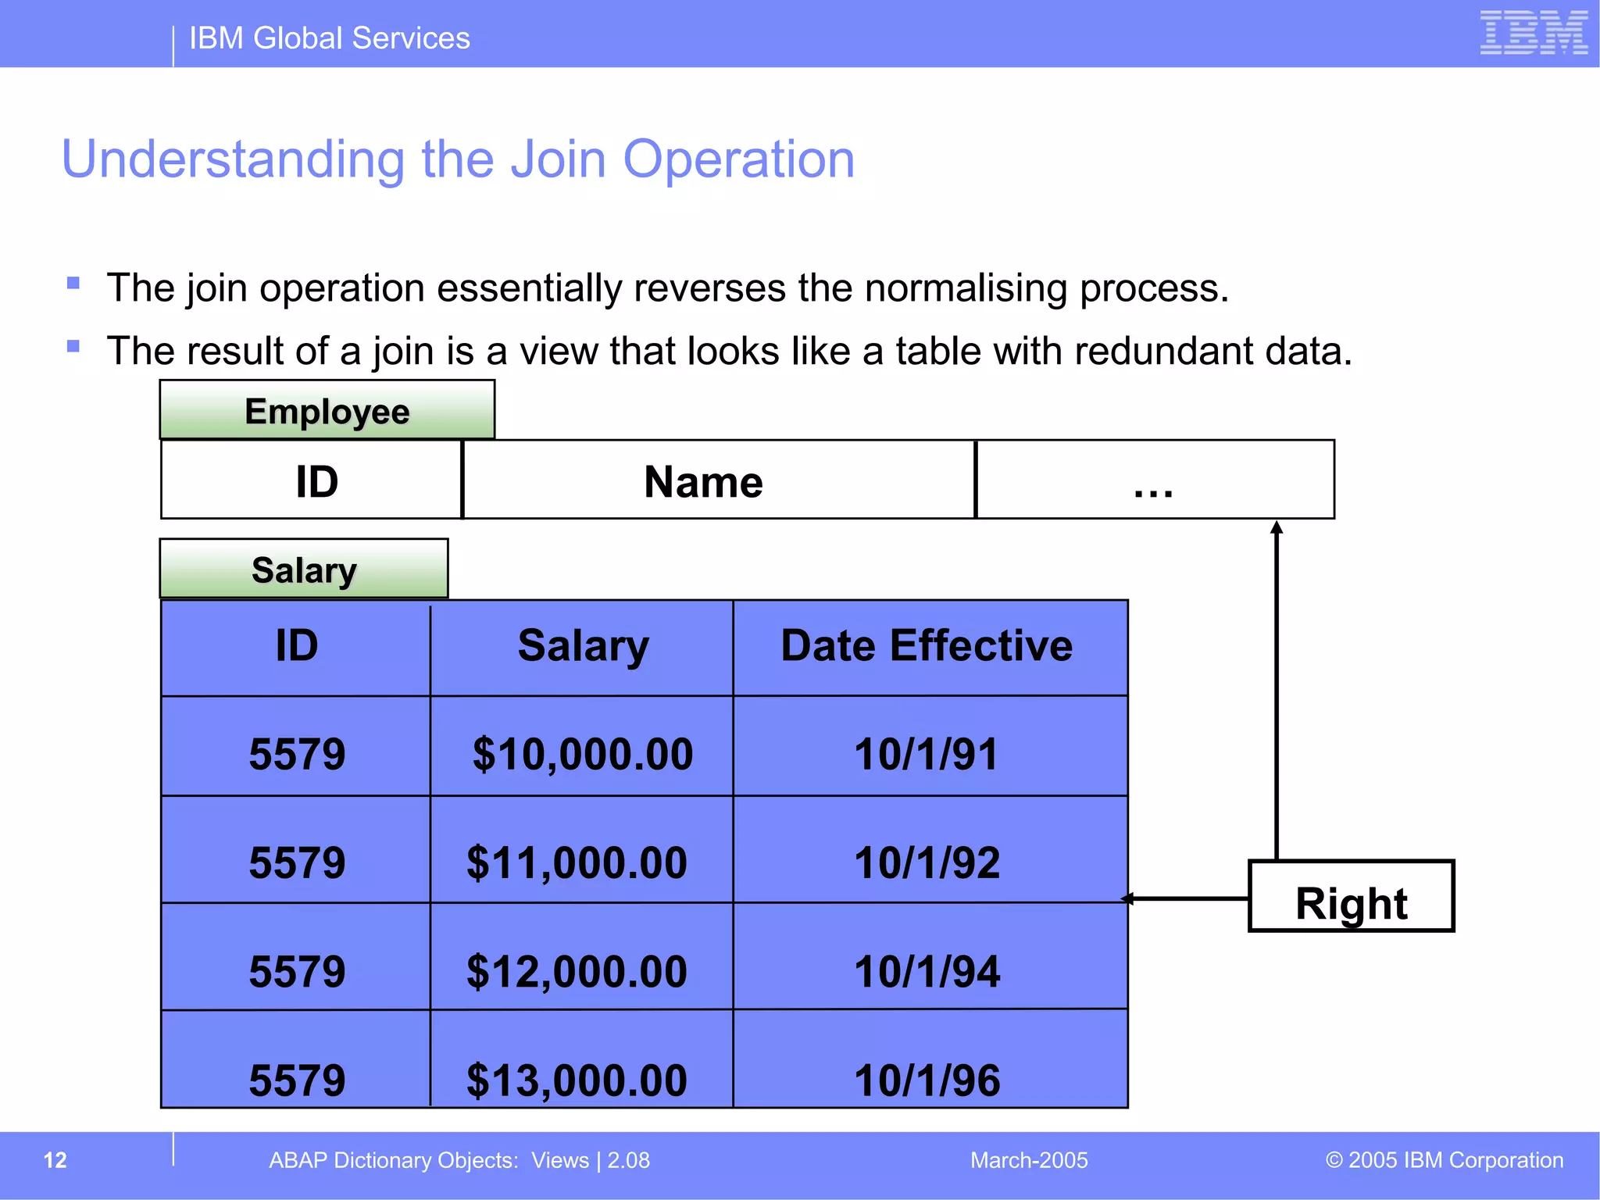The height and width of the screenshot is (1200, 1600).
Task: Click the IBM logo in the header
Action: coord(1534,33)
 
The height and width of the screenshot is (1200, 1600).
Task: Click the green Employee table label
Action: coord(327,411)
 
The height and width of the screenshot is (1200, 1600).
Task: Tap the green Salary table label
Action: coord(304,570)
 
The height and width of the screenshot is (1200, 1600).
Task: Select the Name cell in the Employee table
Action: coord(703,480)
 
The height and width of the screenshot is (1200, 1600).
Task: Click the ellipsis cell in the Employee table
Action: coord(1154,480)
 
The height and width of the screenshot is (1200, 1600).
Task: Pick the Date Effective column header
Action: coord(927,646)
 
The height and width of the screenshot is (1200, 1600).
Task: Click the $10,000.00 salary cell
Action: coord(582,754)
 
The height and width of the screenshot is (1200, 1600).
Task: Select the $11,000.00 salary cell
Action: coord(577,862)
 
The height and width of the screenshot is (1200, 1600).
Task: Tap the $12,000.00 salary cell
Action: coord(577,971)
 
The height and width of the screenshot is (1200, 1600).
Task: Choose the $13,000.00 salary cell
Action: coord(577,1080)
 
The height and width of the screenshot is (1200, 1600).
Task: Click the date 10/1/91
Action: coord(927,754)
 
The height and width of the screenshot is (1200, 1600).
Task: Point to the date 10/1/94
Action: coord(927,971)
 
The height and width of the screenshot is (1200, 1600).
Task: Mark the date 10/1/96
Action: coord(927,1080)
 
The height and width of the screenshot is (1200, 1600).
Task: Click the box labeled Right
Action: coord(1351,897)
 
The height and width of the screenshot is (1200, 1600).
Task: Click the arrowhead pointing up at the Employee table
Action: coord(1277,527)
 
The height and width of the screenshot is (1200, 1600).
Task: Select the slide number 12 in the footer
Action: coord(55,1160)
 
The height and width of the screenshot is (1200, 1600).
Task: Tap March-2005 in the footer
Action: coord(1029,1160)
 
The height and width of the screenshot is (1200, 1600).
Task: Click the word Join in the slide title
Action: coord(558,159)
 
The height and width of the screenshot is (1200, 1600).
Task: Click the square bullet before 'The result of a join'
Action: coord(73,346)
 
